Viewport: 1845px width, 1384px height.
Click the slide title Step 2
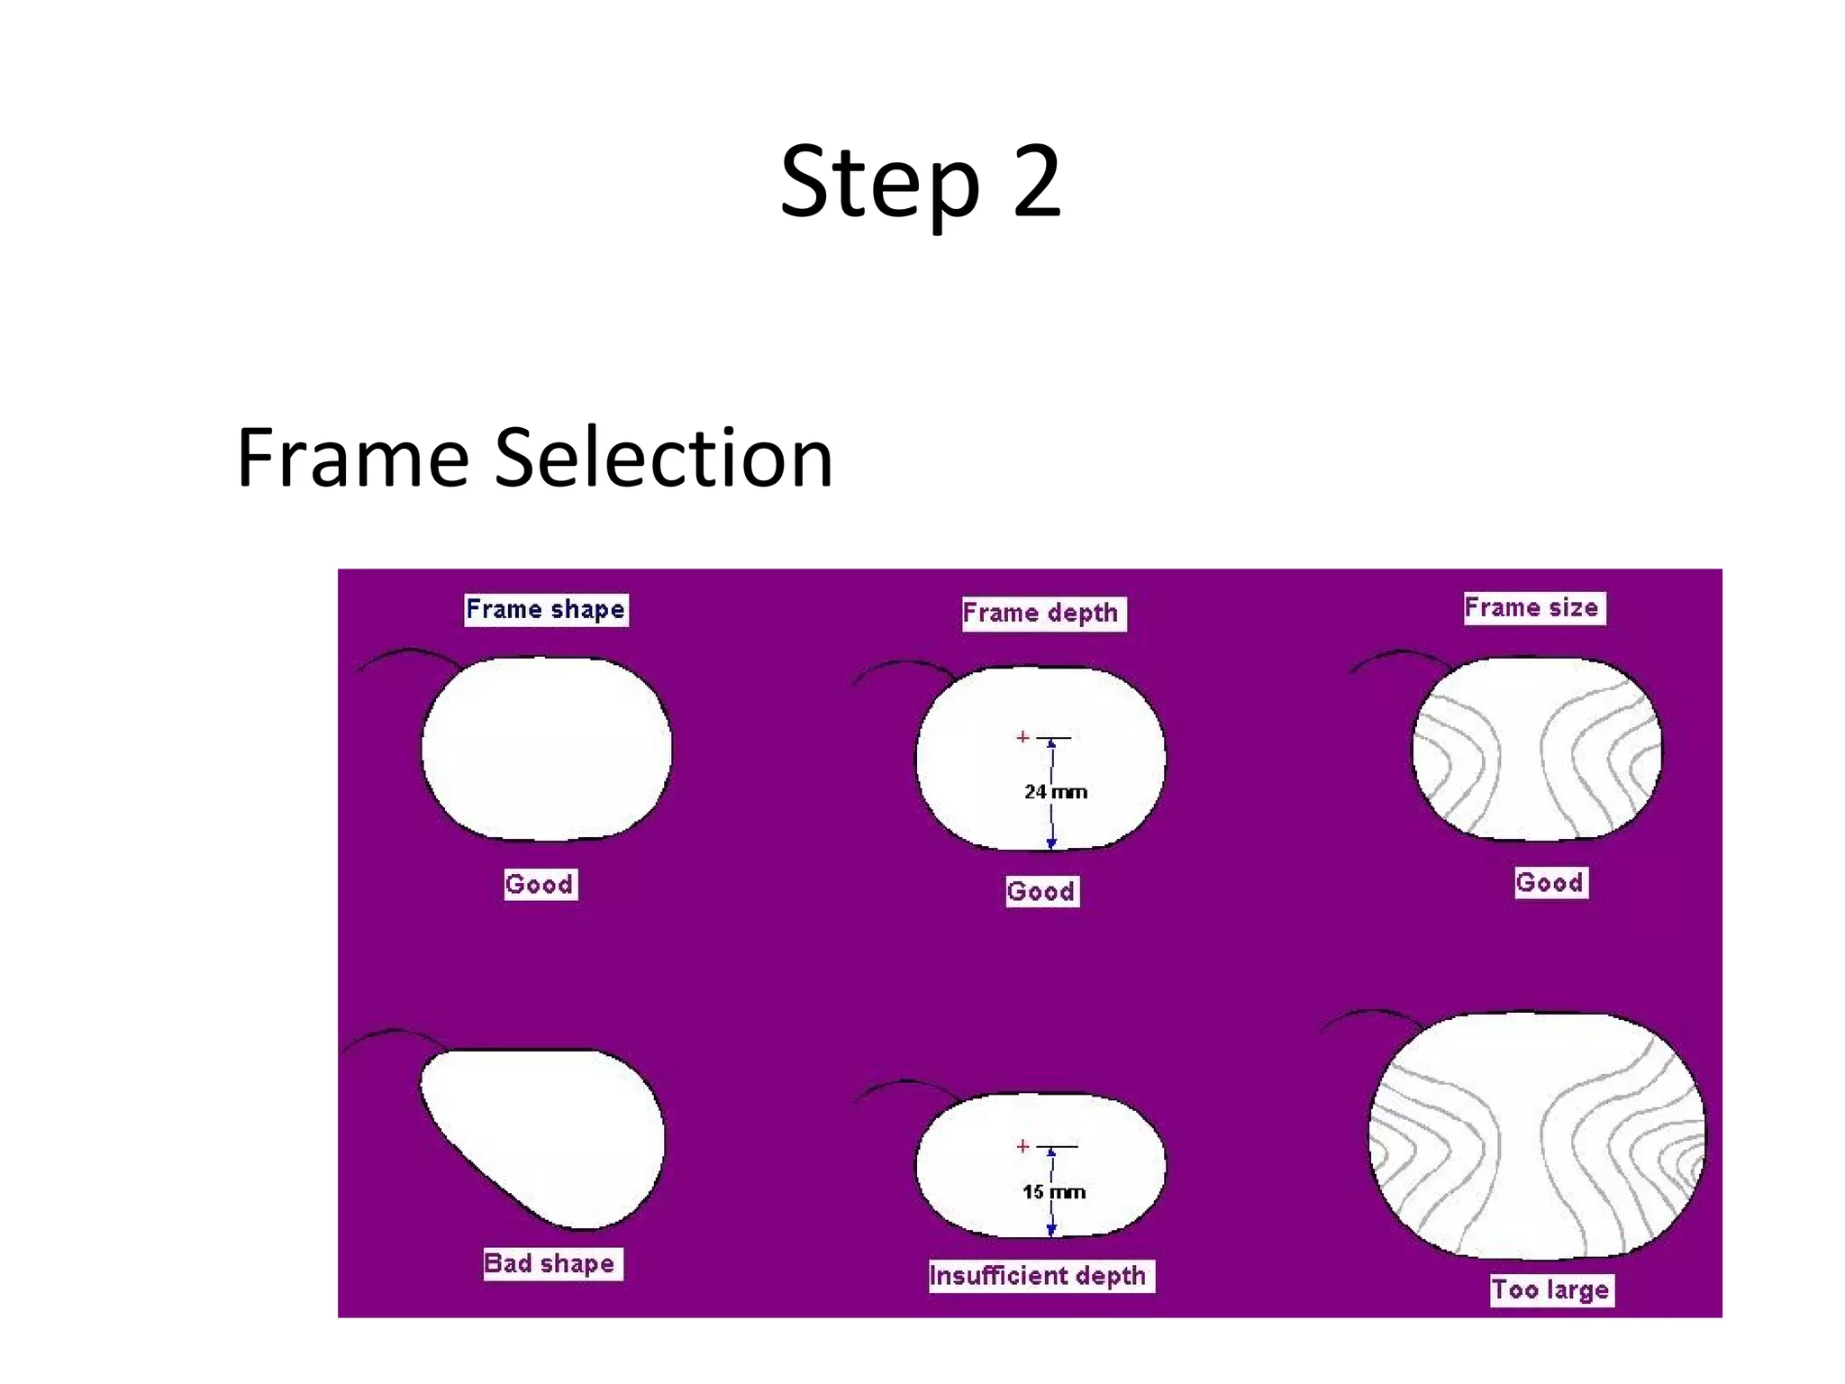point(921,183)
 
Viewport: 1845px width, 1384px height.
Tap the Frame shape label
point(545,609)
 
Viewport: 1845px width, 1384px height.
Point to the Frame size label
point(1532,607)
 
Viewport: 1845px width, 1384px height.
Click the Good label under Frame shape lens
point(539,884)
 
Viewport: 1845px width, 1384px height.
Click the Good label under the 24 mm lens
point(1041,891)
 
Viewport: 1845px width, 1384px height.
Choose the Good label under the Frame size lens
point(1550,882)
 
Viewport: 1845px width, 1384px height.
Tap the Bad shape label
point(550,1263)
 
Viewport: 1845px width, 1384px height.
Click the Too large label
point(1550,1289)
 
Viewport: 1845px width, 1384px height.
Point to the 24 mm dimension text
point(1056,792)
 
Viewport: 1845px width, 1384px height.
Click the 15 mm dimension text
point(1054,1192)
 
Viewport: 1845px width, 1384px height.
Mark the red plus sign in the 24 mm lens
point(1022,737)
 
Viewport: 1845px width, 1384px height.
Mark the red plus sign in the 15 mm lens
point(1022,1146)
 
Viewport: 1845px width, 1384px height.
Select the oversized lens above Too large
point(1536,1135)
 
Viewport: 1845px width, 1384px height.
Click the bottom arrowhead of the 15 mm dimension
point(1051,1230)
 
